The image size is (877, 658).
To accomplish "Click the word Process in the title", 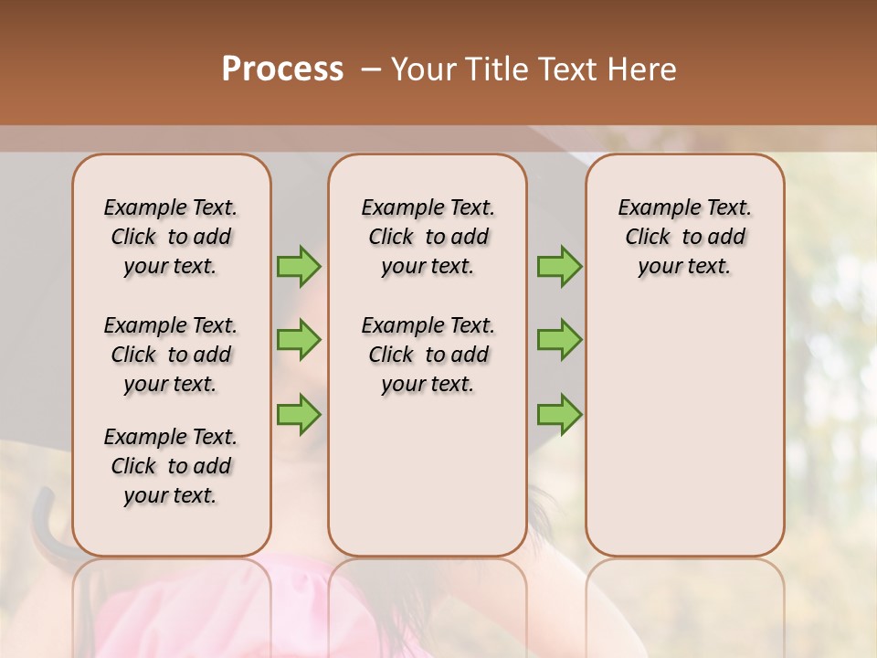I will click(282, 69).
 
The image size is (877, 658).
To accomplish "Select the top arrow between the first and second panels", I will click(299, 266).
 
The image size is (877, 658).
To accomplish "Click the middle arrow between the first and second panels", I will click(299, 340).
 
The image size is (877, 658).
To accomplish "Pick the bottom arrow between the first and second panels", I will click(299, 414).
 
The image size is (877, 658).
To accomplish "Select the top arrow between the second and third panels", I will click(559, 266).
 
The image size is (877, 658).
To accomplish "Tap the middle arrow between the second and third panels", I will click(559, 340).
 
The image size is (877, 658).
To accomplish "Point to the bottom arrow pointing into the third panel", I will click(559, 414).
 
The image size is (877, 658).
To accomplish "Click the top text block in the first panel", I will click(171, 237).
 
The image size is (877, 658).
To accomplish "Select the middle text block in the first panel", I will click(171, 355).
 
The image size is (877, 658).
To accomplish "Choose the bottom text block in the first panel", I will click(171, 466).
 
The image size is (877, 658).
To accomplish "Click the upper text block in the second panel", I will click(428, 237).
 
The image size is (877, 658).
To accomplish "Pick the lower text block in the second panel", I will click(428, 355).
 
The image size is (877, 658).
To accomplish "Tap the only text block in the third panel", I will click(684, 237).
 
